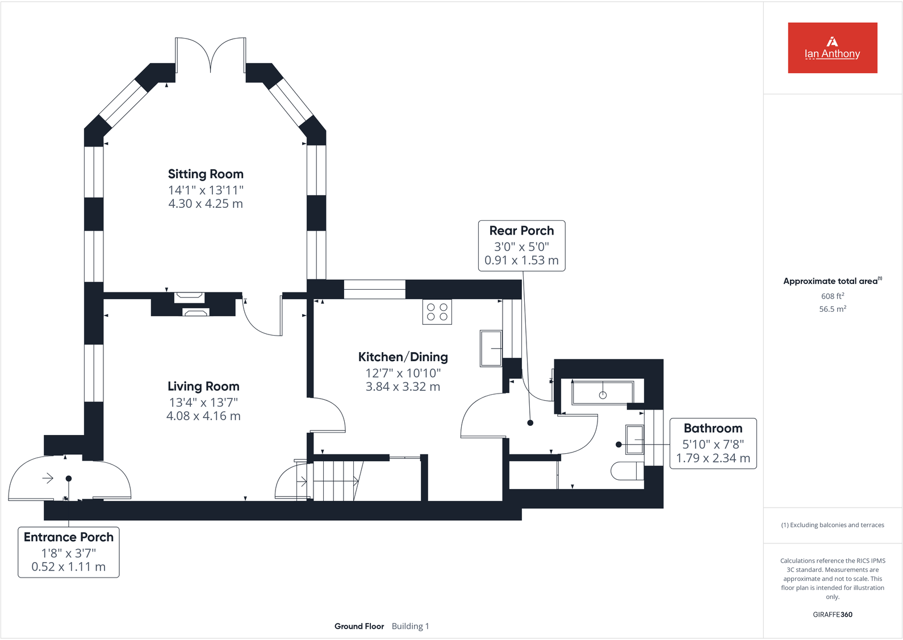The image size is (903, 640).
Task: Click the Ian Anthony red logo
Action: [x=832, y=48]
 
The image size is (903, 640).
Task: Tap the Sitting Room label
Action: [x=206, y=174]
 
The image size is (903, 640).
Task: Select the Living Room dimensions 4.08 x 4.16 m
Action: [x=203, y=416]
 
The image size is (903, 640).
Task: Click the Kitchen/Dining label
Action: [x=403, y=357]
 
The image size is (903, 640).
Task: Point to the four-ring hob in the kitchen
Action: [x=437, y=312]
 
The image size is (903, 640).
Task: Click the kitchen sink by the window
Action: [x=491, y=348]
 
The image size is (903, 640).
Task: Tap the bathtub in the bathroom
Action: [x=603, y=393]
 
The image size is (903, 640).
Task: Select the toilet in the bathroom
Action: [x=627, y=471]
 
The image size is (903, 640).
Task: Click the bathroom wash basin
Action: [x=634, y=440]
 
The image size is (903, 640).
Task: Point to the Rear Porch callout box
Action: [x=521, y=245]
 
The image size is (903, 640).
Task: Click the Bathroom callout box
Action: [x=713, y=443]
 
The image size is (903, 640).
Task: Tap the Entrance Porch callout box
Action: [x=69, y=552]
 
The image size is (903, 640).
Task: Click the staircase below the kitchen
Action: [x=335, y=480]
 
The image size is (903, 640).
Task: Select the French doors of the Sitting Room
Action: [x=211, y=55]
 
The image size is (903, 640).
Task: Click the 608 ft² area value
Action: [x=832, y=296]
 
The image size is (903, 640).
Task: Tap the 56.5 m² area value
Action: [x=832, y=309]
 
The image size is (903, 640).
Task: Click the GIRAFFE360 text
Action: [x=832, y=614]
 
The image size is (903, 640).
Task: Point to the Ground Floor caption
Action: [x=359, y=626]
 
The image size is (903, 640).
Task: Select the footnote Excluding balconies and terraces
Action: [x=832, y=525]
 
